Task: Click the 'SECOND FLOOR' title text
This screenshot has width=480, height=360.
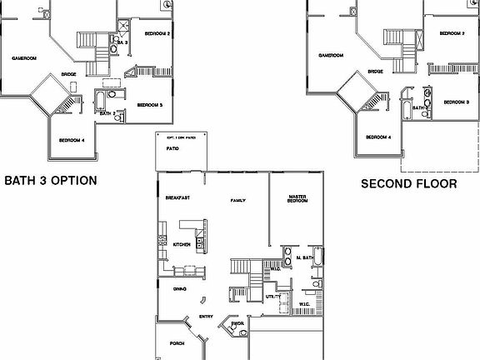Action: [408, 183]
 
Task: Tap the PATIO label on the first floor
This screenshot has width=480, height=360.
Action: [172, 148]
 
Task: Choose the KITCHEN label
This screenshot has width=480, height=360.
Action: [182, 244]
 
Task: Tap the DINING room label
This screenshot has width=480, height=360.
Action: [179, 288]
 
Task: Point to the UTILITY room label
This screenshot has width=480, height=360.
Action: [272, 296]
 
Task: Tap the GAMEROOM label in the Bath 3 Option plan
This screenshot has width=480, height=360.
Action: [25, 58]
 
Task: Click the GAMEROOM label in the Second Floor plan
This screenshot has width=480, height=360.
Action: [332, 56]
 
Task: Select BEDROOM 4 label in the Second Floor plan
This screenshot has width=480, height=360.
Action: [378, 137]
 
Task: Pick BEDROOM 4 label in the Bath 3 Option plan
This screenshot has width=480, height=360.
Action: [72, 139]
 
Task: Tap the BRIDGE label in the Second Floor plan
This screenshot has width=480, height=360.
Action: [376, 72]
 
